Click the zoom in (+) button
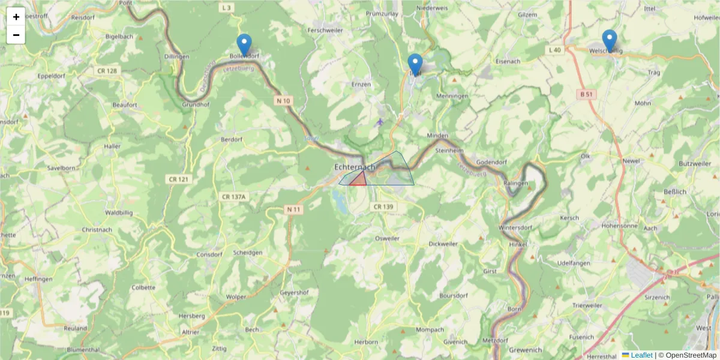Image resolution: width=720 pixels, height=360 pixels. click(16, 17)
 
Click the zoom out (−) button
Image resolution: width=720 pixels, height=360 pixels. click(16, 35)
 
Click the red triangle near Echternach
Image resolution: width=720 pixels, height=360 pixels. click(359, 179)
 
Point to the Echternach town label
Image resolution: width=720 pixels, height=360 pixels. click(355, 167)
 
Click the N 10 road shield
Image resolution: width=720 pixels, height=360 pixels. click(284, 101)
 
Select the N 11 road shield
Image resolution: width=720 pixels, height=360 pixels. click(293, 209)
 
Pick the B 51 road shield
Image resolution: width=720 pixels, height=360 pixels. click(586, 94)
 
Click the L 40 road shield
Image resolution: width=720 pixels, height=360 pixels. click(554, 50)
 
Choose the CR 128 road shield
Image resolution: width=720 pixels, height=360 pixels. click(106, 71)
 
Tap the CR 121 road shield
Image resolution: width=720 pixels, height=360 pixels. click(178, 179)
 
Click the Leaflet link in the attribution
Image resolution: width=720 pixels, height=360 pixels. click(641, 355)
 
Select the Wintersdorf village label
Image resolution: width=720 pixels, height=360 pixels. click(515, 228)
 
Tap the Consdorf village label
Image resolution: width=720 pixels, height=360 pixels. click(210, 254)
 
